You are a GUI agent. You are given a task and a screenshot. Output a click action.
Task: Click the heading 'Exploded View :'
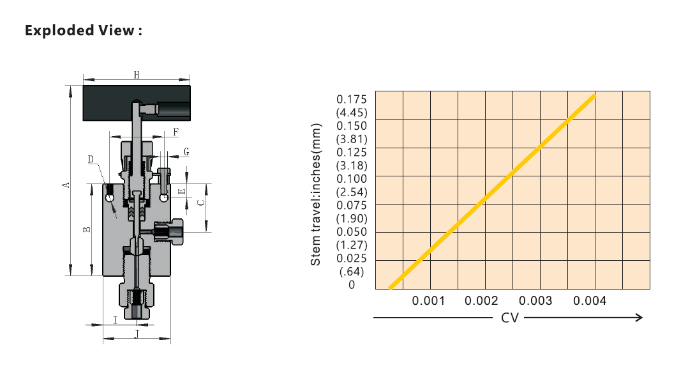tap(84, 30)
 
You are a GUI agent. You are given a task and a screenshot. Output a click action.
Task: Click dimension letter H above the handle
tap(137, 75)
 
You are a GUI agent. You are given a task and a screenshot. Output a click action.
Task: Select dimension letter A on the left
tap(65, 185)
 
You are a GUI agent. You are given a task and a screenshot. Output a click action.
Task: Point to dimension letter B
tap(87, 229)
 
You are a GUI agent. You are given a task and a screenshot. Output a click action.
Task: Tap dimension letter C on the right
tap(201, 203)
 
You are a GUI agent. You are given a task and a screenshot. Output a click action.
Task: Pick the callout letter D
tap(91, 159)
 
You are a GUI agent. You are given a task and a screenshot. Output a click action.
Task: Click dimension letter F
tap(176, 132)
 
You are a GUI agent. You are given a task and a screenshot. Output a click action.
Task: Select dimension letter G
tap(186, 152)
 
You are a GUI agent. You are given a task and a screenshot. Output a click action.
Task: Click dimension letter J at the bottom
tap(137, 334)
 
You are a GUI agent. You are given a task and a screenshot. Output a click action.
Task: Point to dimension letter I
tap(116, 320)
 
